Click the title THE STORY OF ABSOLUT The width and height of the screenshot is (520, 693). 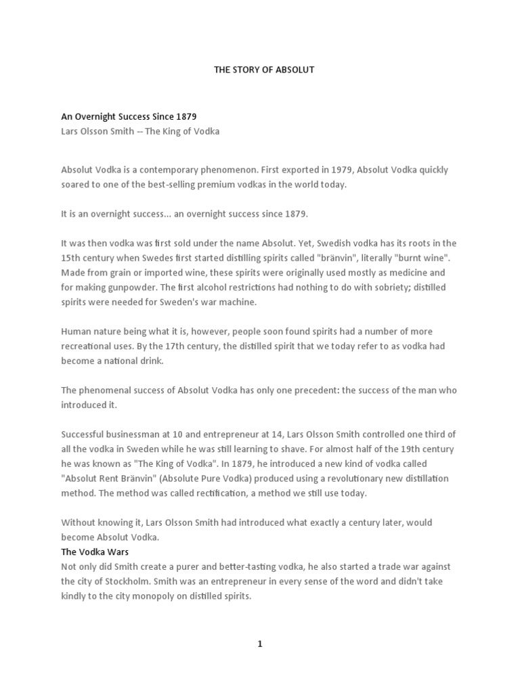point(264,70)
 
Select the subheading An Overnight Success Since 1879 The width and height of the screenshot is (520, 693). point(129,117)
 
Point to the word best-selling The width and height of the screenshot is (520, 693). point(188,184)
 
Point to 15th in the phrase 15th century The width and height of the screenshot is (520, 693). point(70,258)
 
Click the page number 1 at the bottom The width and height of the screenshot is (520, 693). point(259,644)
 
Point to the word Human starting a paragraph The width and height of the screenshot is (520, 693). point(76,332)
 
